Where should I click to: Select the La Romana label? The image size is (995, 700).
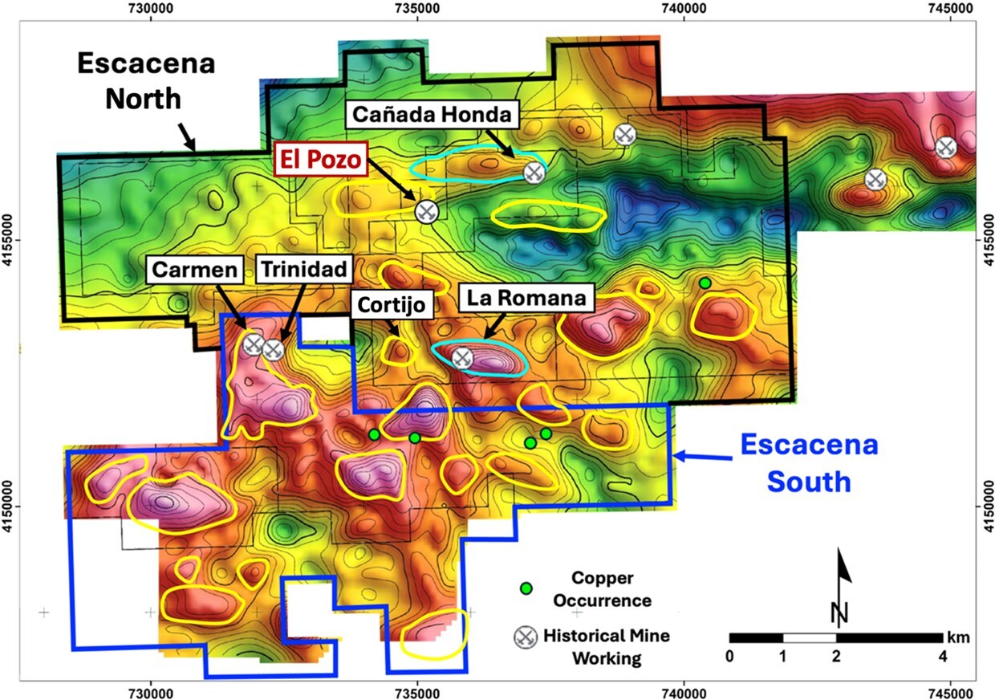click(527, 299)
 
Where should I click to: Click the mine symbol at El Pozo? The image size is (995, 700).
click(426, 211)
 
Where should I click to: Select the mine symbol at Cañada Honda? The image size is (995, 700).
click(534, 172)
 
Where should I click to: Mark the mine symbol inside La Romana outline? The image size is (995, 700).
click(461, 357)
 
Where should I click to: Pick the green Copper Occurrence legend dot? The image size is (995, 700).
click(526, 588)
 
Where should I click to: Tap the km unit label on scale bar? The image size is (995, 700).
click(960, 637)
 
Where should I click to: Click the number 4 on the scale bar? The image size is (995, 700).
click(942, 655)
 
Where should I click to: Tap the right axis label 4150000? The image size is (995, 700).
click(986, 507)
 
